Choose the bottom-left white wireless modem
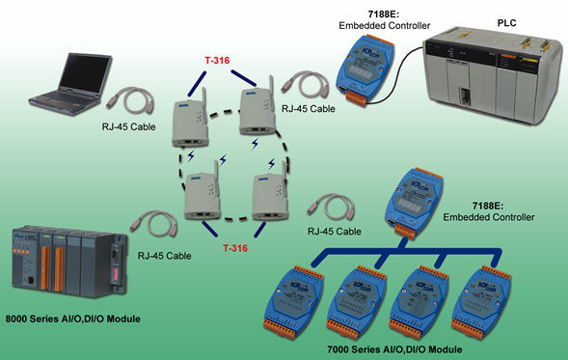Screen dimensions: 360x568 (x=204, y=197)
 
